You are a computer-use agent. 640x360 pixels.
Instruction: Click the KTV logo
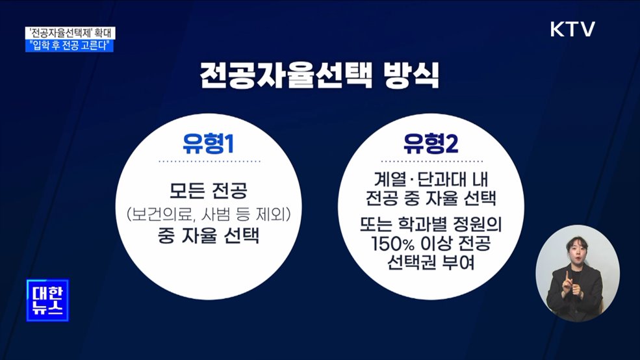(x=572, y=29)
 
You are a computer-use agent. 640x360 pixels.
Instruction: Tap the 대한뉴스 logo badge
(x=47, y=301)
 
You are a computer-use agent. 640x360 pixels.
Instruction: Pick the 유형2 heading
(x=430, y=142)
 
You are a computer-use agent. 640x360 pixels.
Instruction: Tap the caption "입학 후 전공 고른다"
(x=71, y=46)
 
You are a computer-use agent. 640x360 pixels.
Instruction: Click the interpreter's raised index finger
(x=566, y=276)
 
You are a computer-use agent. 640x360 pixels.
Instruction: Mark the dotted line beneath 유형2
(x=430, y=161)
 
